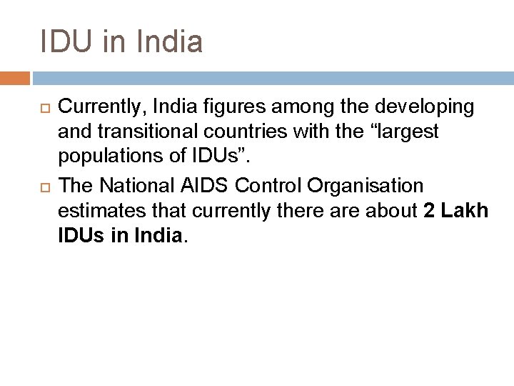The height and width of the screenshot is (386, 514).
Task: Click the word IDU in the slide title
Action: tap(70, 41)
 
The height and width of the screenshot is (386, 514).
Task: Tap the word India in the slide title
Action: tap(168, 41)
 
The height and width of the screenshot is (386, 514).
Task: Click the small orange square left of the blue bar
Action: tap(15, 77)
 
